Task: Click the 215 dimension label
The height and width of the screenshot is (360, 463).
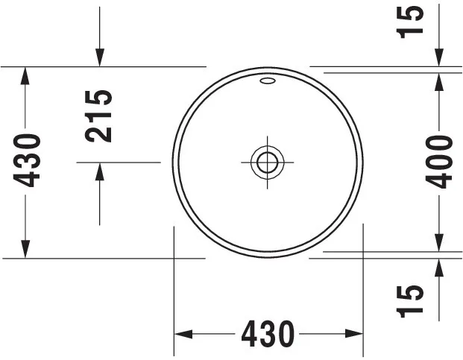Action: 98,116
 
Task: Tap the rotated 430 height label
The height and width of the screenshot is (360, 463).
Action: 28,160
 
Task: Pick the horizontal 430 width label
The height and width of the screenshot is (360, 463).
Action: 267,334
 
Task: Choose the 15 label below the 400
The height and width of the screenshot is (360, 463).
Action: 411,300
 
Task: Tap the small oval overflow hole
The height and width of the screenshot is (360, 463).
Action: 268,80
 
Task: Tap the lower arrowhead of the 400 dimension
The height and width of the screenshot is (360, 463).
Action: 440,241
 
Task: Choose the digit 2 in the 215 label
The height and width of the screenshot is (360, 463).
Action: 98,133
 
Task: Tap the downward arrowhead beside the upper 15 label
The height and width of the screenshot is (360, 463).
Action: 440,57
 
